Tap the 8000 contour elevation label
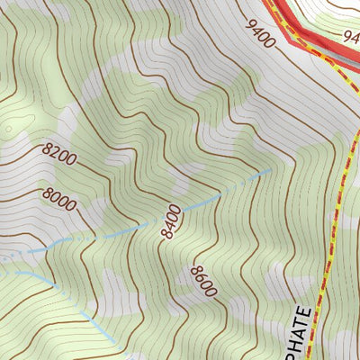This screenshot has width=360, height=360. tap(58, 199)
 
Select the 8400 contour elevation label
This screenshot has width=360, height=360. tap(171, 221)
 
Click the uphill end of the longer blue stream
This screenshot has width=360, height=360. tap(270, 169)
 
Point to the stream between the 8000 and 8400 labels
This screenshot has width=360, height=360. tap(117, 233)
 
